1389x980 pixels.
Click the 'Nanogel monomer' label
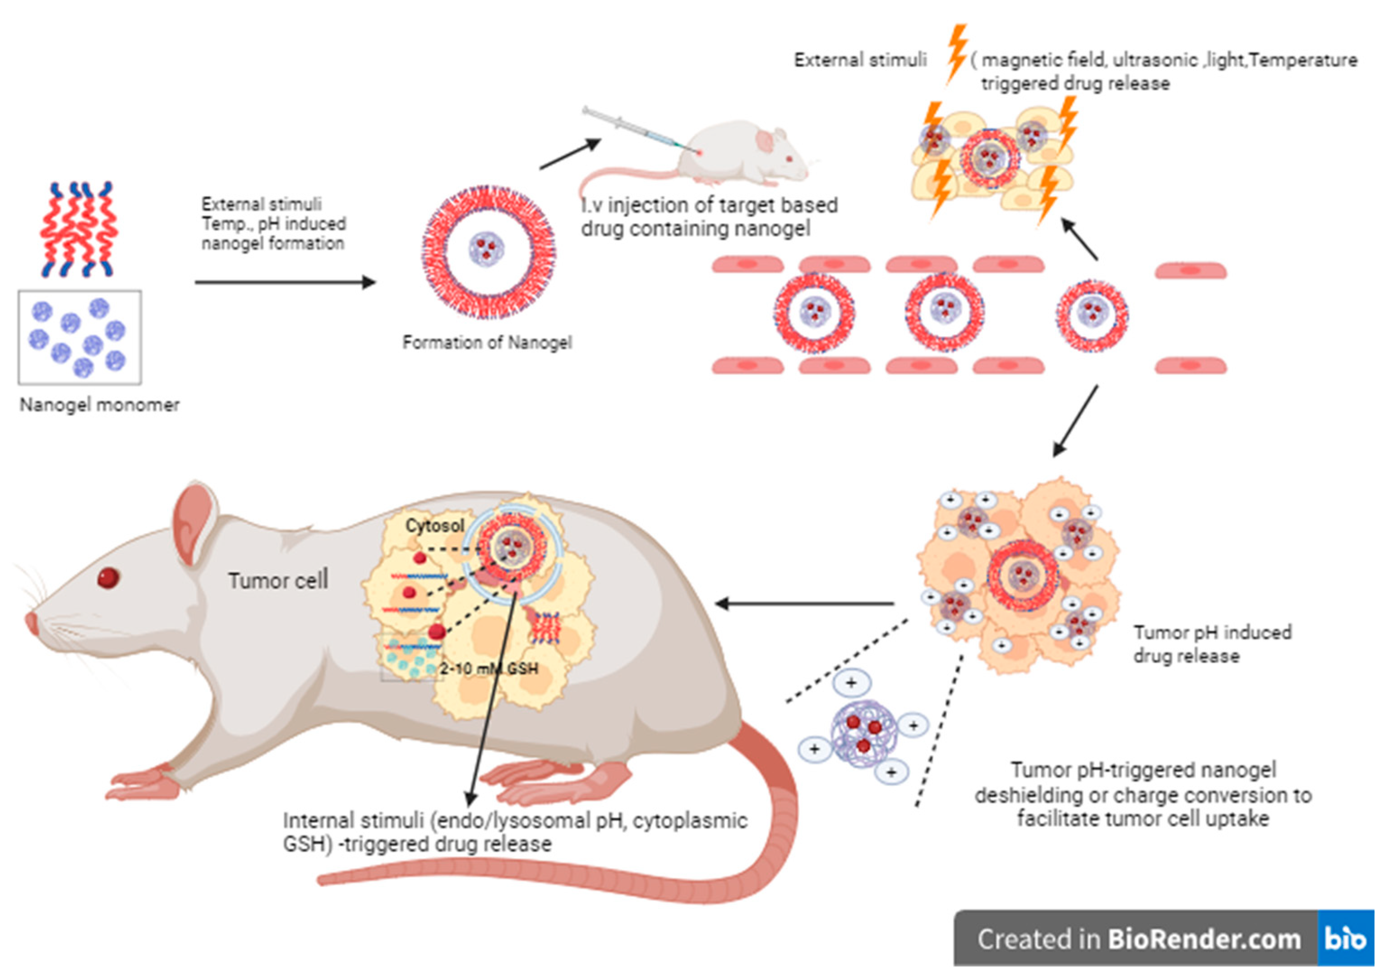coord(100,405)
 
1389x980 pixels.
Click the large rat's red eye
coord(108,578)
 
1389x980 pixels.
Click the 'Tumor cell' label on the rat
coord(278,581)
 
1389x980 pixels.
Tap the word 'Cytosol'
coord(435,526)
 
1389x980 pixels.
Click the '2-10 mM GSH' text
coord(489,668)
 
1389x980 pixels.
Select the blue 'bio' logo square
coord(1345,938)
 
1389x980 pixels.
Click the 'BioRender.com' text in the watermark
coord(1204,939)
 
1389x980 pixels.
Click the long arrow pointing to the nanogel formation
coord(285,282)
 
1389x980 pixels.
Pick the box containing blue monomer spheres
coord(80,337)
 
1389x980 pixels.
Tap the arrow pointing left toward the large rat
coord(805,603)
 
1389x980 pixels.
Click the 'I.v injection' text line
coord(709,206)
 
